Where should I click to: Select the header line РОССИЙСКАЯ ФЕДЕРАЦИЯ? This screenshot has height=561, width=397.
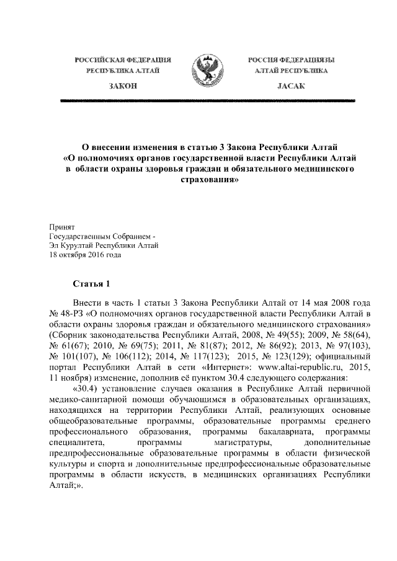122,60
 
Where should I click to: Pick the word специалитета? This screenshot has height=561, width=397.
79,443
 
